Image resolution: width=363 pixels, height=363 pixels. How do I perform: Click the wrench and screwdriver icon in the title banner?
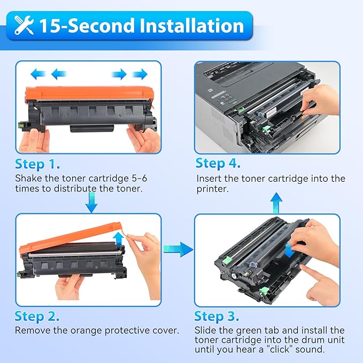(x=25, y=26)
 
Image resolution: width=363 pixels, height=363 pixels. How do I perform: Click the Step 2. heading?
(x=37, y=315)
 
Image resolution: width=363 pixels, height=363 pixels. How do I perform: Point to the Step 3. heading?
(x=217, y=315)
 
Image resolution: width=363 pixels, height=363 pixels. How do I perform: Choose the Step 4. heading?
(x=218, y=163)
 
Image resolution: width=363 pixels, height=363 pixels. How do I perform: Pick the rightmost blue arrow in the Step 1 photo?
(x=140, y=74)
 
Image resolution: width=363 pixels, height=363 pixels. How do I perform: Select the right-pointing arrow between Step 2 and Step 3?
(x=177, y=248)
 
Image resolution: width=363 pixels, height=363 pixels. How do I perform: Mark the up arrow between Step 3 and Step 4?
(x=276, y=202)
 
